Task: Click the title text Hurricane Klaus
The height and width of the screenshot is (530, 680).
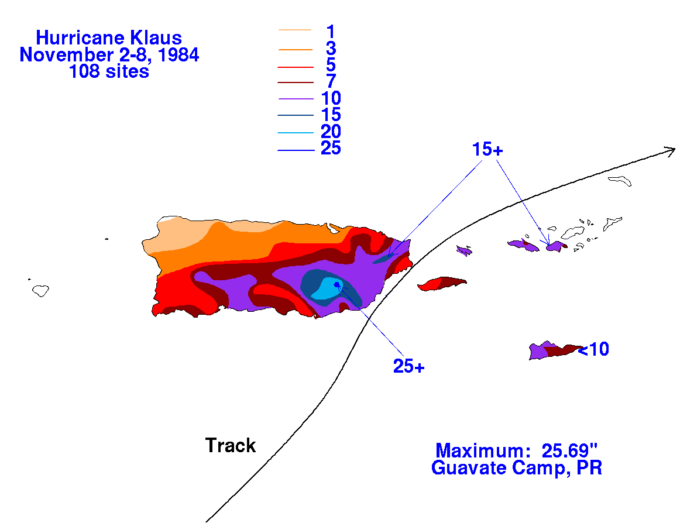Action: pyautogui.click(x=109, y=38)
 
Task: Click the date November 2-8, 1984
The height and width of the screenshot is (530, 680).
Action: pyautogui.click(x=109, y=55)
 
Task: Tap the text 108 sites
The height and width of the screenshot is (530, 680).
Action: pyautogui.click(x=109, y=71)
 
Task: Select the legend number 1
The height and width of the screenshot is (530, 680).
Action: pyautogui.click(x=331, y=32)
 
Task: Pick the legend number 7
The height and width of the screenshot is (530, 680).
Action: pyautogui.click(x=331, y=81)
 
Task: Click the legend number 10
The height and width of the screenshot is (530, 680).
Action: pyautogui.click(x=331, y=98)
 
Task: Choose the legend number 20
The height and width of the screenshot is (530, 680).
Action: pyautogui.click(x=331, y=131)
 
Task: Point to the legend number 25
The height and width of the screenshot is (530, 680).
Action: pyautogui.click(x=331, y=148)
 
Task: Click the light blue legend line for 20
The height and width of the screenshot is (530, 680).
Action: pyautogui.click(x=296, y=133)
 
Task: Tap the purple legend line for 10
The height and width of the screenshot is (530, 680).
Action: pyautogui.click(x=296, y=99)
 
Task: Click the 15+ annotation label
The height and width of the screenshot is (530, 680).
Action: pyautogui.click(x=487, y=150)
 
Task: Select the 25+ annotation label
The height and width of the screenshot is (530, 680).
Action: pyautogui.click(x=409, y=367)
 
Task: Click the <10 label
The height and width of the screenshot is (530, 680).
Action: pyautogui.click(x=593, y=349)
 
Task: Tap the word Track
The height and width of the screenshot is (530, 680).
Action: pyautogui.click(x=231, y=446)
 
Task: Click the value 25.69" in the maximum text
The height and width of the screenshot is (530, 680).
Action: pyautogui.click(x=569, y=450)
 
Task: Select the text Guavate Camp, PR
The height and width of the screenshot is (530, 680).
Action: pyautogui.click(x=517, y=468)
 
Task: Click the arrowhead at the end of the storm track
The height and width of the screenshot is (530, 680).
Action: pyautogui.click(x=671, y=150)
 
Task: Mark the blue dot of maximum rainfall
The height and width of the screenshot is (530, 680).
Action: pyautogui.click(x=336, y=284)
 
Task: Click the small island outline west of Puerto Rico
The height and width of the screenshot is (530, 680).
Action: pyautogui.click(x=41, y=290)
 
